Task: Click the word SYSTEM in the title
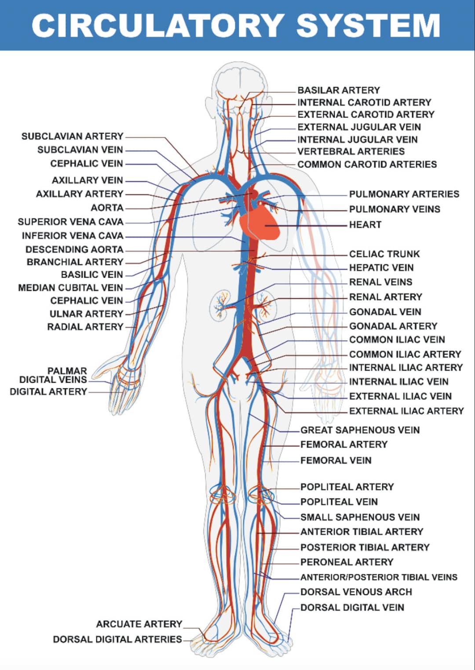tap(369, 25)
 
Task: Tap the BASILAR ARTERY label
tap(339, 90)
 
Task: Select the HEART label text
tap(365, 225)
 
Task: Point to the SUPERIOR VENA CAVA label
tap(70, 222)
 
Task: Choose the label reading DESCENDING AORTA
tap(74, 249)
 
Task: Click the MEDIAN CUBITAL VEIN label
tap(70, 288)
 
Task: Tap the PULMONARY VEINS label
tap(395, 209)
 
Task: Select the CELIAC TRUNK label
tap(384, 254)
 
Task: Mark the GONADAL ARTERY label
tap(393, 326)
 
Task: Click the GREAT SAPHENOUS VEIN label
tap(360, 430)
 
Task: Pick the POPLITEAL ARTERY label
tap(347, 487)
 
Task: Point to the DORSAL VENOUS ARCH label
tap(356, 592)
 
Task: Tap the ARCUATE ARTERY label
tap(139, 624)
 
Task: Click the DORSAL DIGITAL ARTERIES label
tap(117, 639)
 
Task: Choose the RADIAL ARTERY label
tap(85, 327)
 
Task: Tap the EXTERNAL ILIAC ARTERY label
tap(406, 411)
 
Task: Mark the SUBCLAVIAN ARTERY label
tap(73, 136)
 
